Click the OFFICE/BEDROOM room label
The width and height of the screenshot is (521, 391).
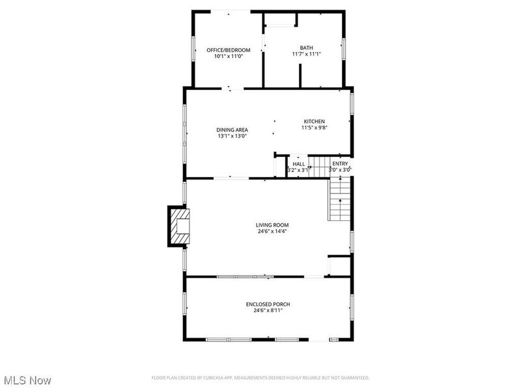click(228, 50)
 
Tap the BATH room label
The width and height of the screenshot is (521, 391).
click(306, 47)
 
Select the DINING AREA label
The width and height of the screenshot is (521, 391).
click(232, 130)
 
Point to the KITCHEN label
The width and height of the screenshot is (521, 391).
click(314, 121)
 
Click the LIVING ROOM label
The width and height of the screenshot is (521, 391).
click(272, 225)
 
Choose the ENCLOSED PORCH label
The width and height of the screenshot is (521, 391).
click(268, 304)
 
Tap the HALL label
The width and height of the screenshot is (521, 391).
click(298, 164)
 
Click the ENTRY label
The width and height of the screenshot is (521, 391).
click(340, 164)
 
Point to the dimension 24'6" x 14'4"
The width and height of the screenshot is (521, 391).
click(272, 231)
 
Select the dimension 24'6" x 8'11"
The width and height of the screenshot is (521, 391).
click(268, 311)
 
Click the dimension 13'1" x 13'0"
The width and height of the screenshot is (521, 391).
click(232, 136)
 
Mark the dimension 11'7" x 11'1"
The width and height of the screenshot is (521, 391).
click(306, 54)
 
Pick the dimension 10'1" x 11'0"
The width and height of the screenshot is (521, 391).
click(228, 56)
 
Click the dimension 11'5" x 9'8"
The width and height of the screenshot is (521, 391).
click(314, 128)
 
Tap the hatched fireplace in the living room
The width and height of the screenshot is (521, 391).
click(178, 226)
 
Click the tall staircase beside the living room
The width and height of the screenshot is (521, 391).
click(340, 200)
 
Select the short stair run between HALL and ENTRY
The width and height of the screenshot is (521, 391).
click(318, 167)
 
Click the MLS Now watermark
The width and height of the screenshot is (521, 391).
click(27, 380)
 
